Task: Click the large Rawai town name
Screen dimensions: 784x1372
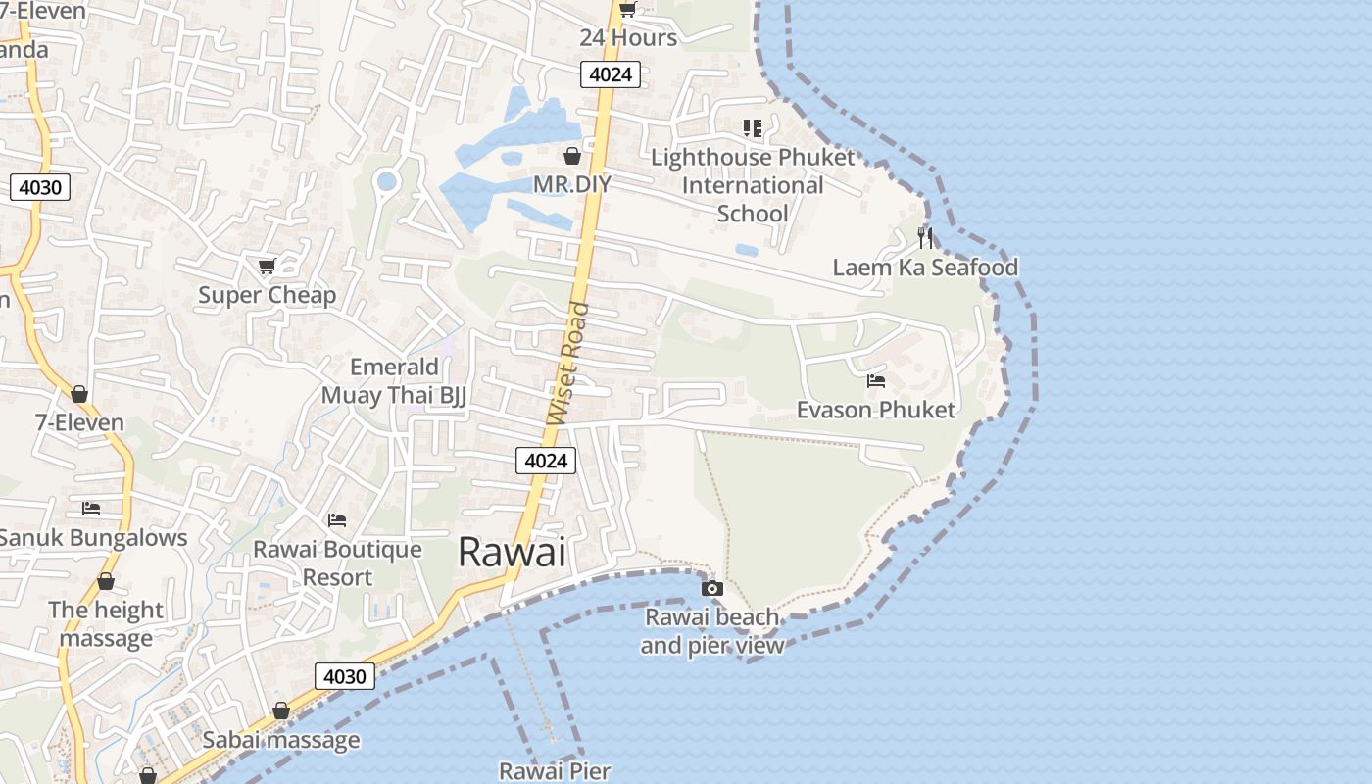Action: click(x=512, y=553)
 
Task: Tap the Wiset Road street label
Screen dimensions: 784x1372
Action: click(x=569, y=364)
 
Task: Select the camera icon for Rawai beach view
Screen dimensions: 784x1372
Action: click(x=712, y=588)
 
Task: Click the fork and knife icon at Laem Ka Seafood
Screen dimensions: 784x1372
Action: click(x=925, y=237)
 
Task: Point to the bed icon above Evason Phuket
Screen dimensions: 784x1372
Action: click(x=876, y=380)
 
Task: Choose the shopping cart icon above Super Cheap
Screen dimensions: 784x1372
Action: click(x=267, y=265)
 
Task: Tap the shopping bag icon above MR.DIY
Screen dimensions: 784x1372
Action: click(x=572, y=156)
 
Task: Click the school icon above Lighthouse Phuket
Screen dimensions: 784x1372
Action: click(x=752, y=127)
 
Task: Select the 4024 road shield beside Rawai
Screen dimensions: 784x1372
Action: click(x=546, y=461)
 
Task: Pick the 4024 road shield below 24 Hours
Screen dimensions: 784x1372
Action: click(x=611, y=74)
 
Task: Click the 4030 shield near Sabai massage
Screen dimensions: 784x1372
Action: click(x=344, y=676)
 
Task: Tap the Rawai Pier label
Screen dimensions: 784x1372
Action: click(x=555, y=771)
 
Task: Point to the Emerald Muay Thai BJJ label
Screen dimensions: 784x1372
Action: click(x=395, y=381)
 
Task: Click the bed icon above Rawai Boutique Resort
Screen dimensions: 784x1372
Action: click(x=337, y=519)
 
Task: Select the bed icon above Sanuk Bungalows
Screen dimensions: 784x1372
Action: click(x=91, y=508)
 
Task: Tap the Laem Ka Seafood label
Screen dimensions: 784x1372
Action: click(x=925, y=268)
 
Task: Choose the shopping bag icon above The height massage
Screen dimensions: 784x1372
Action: click(x=106, y=581)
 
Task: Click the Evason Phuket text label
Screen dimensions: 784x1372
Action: click(x=875, y=410)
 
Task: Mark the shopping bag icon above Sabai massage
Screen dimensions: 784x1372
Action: click(x=281, y=710)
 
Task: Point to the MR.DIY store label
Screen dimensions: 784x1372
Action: click(x=571, y=184)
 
